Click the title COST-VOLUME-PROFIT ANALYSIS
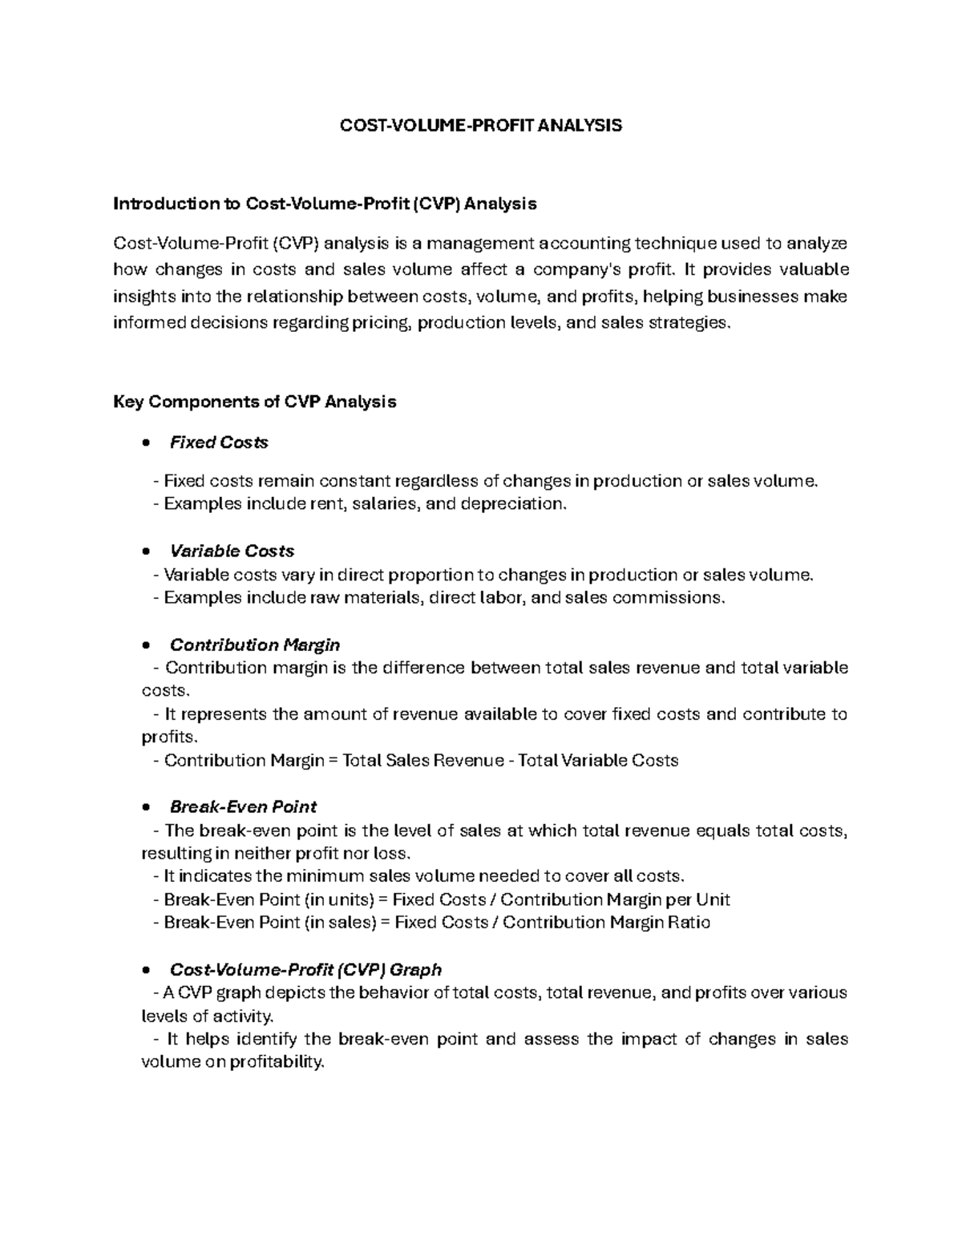[481, 126]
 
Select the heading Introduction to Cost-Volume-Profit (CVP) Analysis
[325, 204]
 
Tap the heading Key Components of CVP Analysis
[255, 402]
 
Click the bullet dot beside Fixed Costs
[145, 443]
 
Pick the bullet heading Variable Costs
[232, 552]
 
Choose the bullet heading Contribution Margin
[255, 645]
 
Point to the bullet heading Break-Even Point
[243, 807]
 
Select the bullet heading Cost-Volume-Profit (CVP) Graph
[305, 970]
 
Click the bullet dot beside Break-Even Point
[145, 808]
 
